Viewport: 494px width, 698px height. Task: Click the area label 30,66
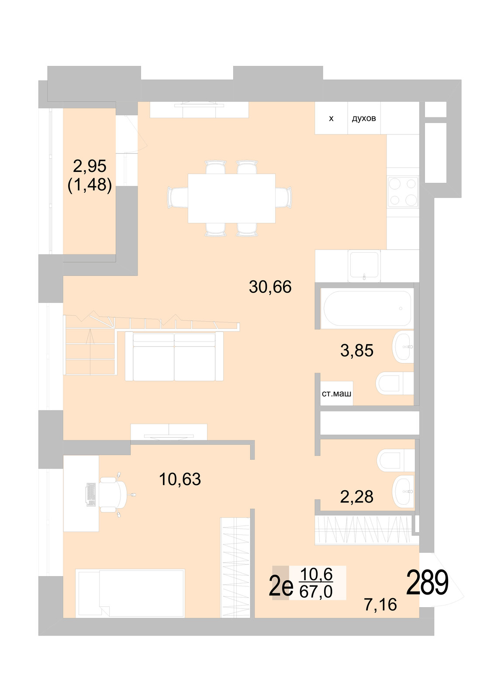270,287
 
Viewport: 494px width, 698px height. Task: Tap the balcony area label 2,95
90,166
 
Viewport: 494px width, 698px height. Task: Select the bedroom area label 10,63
180,479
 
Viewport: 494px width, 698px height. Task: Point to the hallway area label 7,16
380,604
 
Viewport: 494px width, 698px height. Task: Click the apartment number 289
427,583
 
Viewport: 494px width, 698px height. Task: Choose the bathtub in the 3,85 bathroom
366,308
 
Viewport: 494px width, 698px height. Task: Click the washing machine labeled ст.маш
336,393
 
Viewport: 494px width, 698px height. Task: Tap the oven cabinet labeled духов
364,118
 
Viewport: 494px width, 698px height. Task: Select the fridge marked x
331,118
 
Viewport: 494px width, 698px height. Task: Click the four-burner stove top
403,192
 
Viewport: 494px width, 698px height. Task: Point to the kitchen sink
364,264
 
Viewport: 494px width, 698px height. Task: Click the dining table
231,198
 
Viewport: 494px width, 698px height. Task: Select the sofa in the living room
174,356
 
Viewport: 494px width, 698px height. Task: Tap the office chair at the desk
112,494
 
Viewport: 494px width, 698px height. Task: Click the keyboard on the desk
91,494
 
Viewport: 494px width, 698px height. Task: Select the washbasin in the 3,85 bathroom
403,347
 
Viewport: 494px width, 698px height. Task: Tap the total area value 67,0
316,592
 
